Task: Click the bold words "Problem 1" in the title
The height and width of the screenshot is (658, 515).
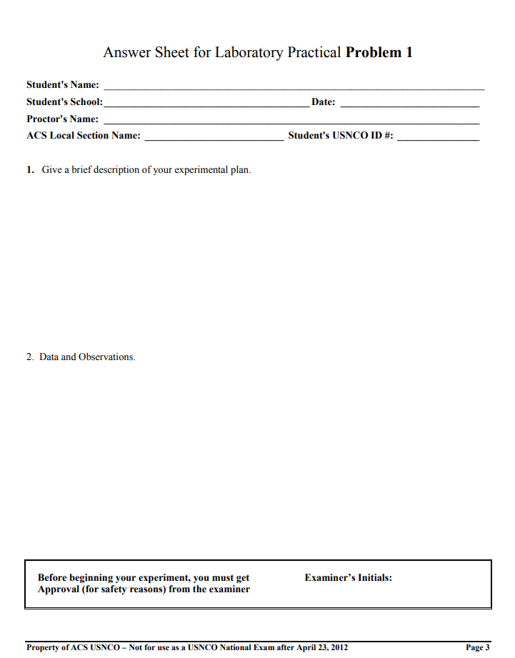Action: coord(379,52)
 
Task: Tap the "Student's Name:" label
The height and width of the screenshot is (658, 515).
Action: coord(63,85)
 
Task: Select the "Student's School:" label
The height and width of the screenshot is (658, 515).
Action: coord(64,102)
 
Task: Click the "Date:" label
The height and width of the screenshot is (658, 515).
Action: coord(324,102)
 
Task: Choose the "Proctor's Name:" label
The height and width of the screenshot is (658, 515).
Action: coord(63,119)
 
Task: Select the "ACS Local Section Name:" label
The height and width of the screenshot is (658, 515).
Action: coord(84,136)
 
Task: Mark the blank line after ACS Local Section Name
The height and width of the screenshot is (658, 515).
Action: coord(214,139)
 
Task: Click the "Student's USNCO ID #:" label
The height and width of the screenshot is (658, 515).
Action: coord(341,136)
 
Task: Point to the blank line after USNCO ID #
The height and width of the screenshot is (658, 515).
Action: coord(438,139)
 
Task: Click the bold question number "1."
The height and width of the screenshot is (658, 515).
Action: coord(31,170)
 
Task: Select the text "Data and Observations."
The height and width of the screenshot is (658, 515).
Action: coord(87,357)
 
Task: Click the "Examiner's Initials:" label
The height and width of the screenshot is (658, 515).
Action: coord(348,577)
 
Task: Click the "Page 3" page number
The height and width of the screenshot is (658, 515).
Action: coord(477,647)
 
